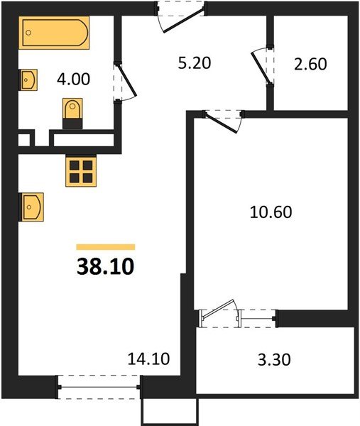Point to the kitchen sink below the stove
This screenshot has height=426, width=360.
32,207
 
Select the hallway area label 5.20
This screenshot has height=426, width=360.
192,62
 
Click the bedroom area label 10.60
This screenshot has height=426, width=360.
271,211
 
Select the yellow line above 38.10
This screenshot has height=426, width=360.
105,246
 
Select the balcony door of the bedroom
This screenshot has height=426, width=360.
219,313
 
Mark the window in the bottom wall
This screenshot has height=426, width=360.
99,387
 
